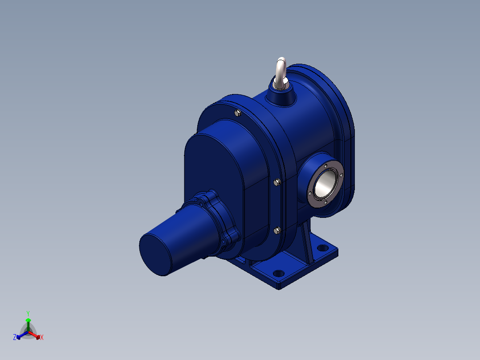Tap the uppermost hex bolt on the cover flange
238,113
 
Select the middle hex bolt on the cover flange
277,182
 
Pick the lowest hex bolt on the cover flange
277,230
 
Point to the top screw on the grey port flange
326,166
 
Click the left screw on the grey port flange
310,193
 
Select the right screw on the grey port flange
341,175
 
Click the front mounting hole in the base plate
278,273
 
